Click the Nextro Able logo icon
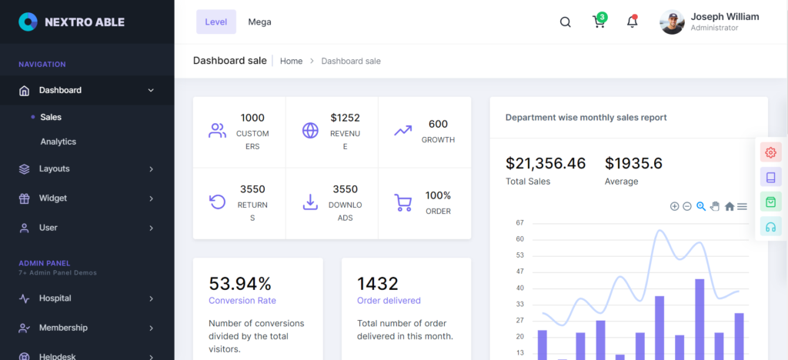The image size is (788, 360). (x=28, y=22)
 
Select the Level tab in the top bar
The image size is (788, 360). (x=216, y=22)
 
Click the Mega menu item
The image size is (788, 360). (x=259, y=22)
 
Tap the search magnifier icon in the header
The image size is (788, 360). (x=565, y=22)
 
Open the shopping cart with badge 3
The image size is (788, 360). (x=599, y=22)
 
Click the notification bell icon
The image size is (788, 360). (x=632, y=22)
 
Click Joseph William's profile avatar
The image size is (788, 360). (x=672, y=22)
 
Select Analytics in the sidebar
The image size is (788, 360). (x=58, y=142)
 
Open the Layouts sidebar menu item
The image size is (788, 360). (x=55, y=168)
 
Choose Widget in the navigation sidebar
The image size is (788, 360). (x=53, y=198)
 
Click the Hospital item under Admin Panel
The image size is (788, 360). (x=55, y=298)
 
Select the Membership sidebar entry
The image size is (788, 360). (x=63, y=328)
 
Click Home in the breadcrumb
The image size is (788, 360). (x=291, y=61)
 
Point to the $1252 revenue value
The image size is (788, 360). (x=345, y=118)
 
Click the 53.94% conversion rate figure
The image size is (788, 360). (x=240, y=283)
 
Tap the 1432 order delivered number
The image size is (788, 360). (x=377, y=283)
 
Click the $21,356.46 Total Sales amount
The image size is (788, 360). (x=546, y=163)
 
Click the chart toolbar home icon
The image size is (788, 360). (x=730, y=206)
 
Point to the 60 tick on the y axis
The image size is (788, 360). (x=520, y=239)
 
